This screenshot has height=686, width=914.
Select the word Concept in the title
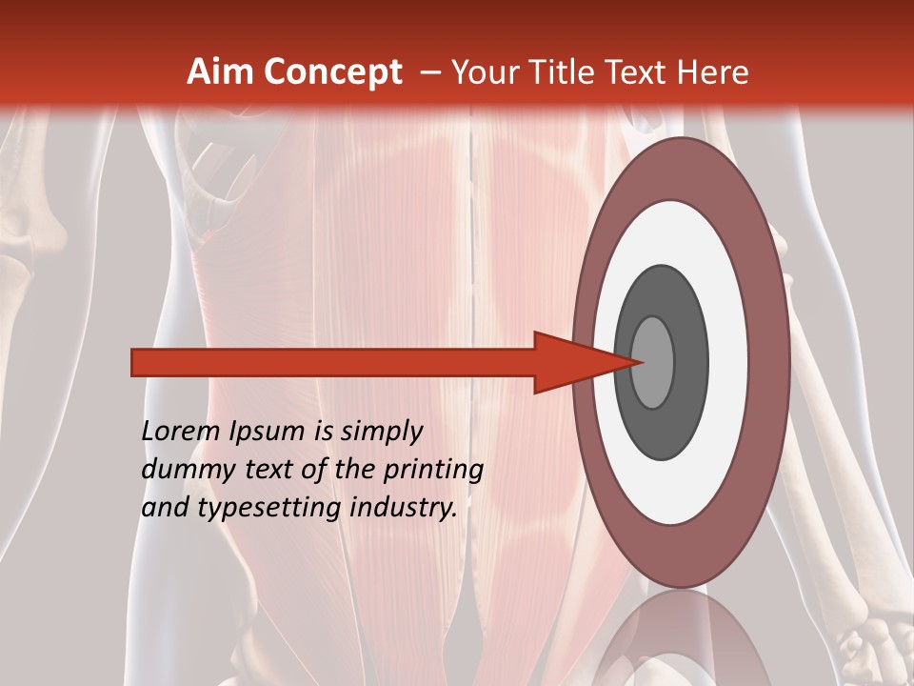point(332,73)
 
